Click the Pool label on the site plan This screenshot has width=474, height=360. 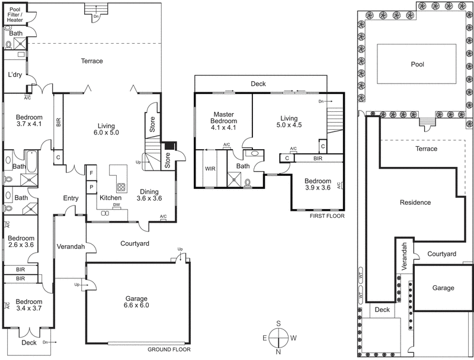tap(418, 65)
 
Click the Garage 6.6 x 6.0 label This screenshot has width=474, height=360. tap(136, 302)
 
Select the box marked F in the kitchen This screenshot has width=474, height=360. tap(91, 172)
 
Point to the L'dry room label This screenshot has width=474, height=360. tap(15, 75)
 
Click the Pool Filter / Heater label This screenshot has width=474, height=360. tap(15, 15)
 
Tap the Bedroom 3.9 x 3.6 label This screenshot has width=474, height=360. tap(318, 184)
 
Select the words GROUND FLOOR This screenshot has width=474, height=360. tap(169, 349)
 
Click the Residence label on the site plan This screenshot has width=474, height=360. tap(415, 202)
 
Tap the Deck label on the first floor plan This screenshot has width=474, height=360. tap(258, 84)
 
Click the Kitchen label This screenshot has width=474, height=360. tap(110, 197)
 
